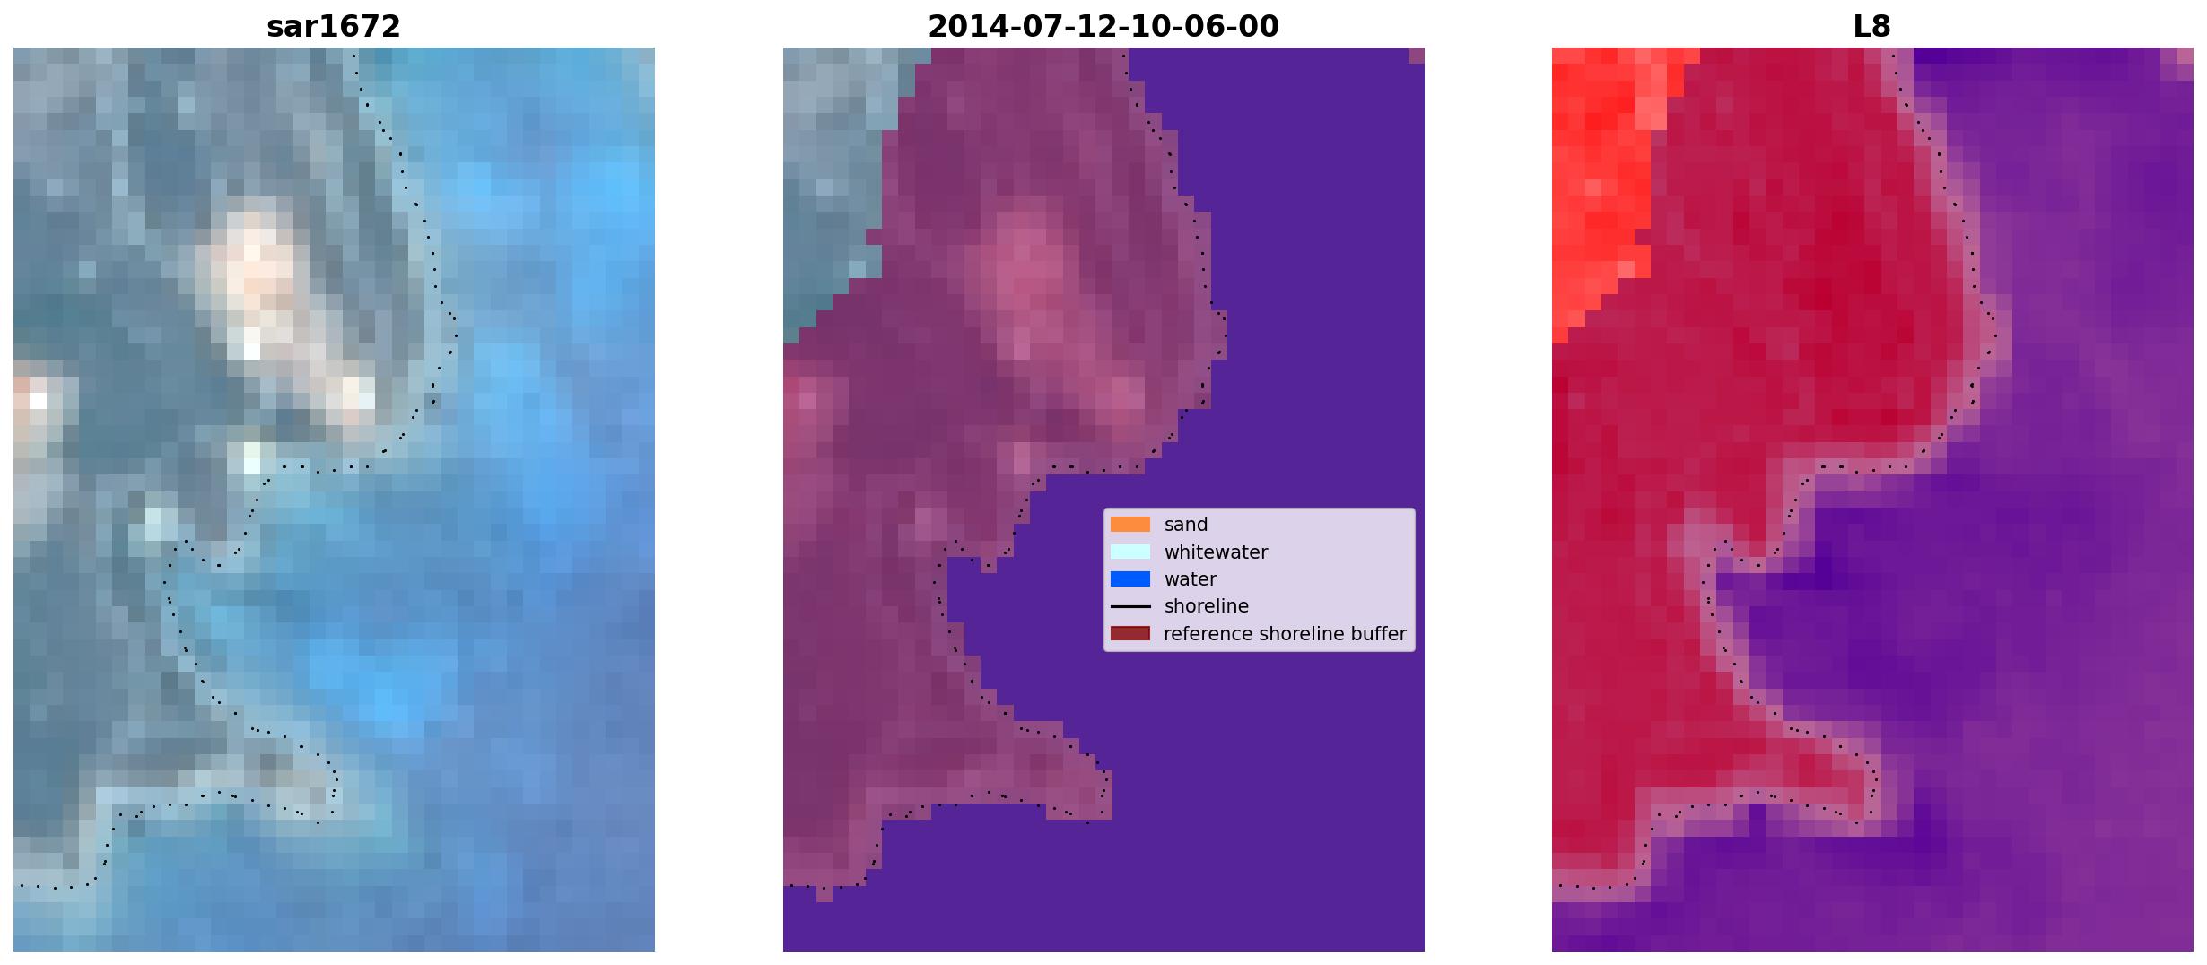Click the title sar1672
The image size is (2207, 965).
pos(333,27)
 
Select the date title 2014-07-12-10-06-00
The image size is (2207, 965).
pos(1103,27)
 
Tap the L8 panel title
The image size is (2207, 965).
pos(1871,27)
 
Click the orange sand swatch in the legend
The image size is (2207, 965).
pos(1130,525)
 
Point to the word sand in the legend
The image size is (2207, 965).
pos(1185,525)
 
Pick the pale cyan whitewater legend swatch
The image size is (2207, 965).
pos(1130,552)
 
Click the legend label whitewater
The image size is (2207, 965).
pos(1216,552)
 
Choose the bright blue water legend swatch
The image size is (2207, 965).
pos(1130,579)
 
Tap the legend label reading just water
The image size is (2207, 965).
pos(1190,579)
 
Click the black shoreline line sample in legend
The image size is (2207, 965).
pos(1130,607)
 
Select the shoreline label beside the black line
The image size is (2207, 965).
pos(1206,606)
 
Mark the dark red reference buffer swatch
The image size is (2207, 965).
pos(1130,634)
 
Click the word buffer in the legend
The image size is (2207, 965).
pos(1377,634)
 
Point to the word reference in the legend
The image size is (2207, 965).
pos(1208,634)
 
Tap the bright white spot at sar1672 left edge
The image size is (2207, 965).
pos(38,401)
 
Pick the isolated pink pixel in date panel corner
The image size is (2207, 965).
pos(1416,56)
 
